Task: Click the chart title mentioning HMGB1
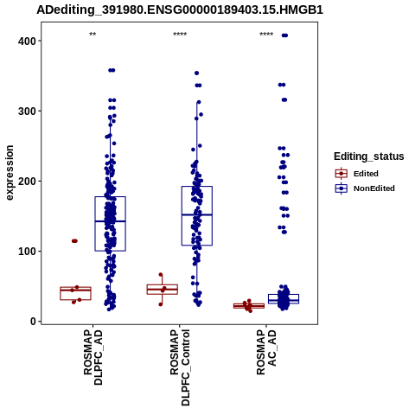coord(180,10)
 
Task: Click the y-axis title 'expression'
coord(10,173)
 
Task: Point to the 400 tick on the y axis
coord(27,41)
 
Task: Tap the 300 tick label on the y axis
coord(27,111)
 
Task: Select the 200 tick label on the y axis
coord(27,181)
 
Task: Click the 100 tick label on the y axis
coord(27,251)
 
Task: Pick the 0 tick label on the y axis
coord(34,321)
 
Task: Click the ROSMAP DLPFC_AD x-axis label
coord(93,357)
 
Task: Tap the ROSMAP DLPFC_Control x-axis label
coord(180,367)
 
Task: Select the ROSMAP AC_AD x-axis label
coord(266,352)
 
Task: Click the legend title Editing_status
coord(369,156)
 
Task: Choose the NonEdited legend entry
coord(365,188)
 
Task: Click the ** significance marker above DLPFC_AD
coord(93,35)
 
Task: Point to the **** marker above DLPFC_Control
coord(180,35)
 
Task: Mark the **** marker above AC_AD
coord(266,35)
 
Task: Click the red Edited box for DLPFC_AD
coord(75,293)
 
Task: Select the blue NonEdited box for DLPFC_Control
coord(197,216)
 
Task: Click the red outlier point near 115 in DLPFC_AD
coord(74,241)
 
